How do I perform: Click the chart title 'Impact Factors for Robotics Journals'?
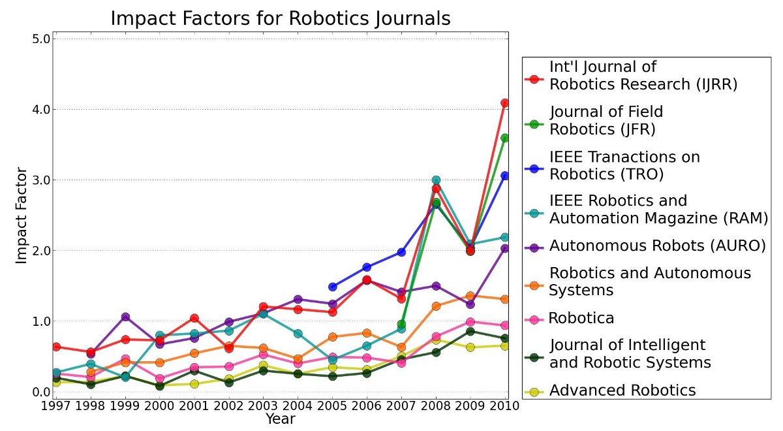(x=280, y=18)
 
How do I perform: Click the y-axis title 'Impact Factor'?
(x=22, y=215)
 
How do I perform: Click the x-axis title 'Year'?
(x=280, y=419)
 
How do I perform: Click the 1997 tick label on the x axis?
(x=55, y=406)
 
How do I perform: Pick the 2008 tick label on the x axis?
(x=436, y=406)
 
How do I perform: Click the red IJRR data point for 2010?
(x=504, y=103)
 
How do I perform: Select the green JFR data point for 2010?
(x=504, y=138)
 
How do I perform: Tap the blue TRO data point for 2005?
(x=333, y=287)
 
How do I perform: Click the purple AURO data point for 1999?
(x=125, y=317)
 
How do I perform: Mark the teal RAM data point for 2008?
(x=436, y=180)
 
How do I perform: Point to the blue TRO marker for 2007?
(x=401, y=252)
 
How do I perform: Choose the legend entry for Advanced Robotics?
(x=622, y=391)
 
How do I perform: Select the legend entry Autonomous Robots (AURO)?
(x=657, y=246)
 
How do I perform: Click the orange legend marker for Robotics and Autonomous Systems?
(x=534, y=281)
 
